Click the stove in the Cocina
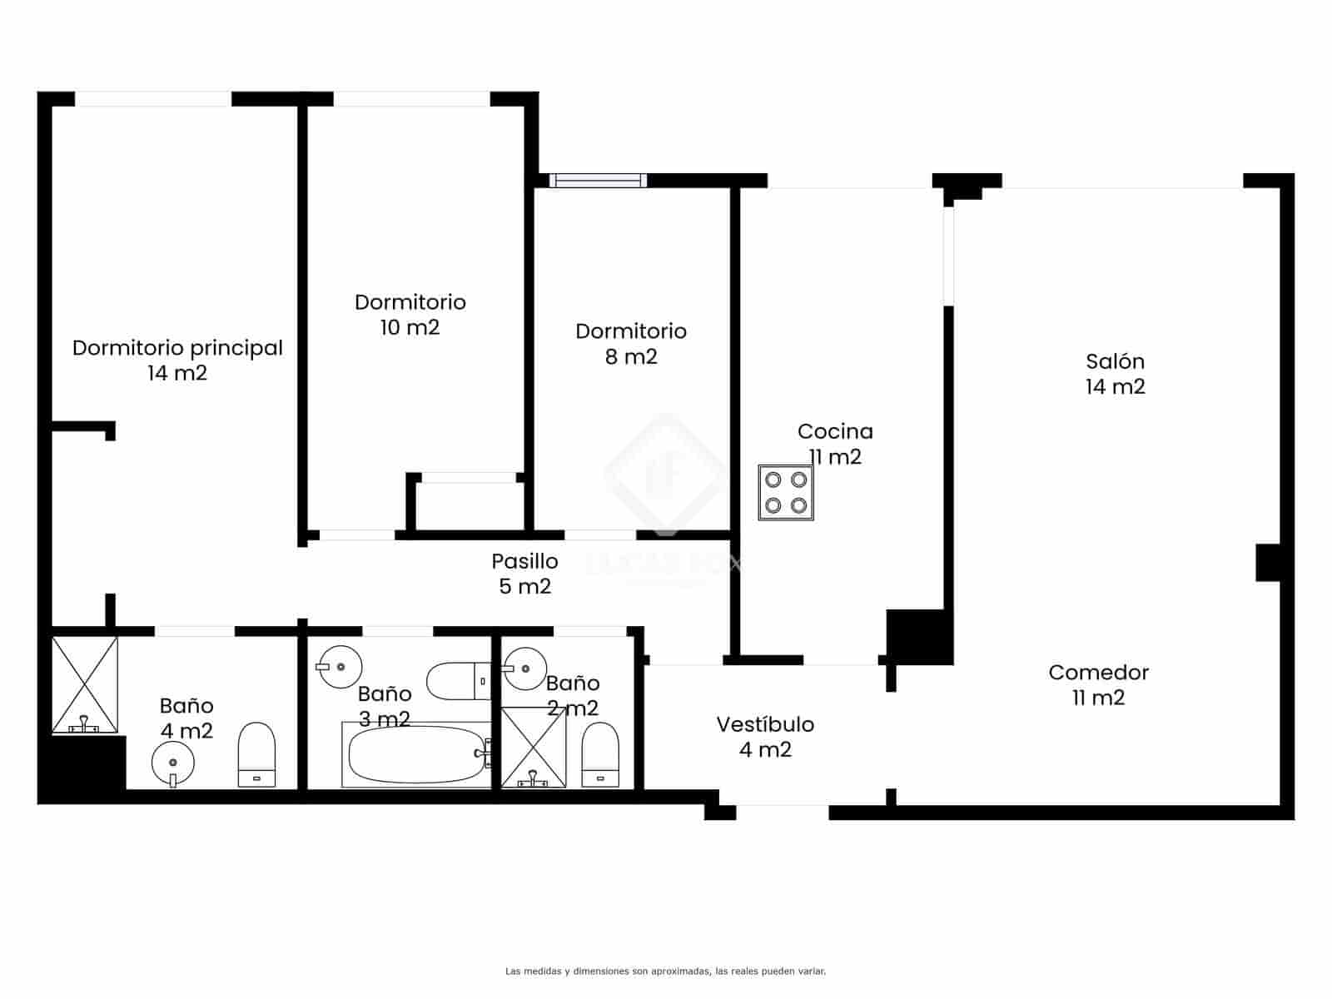click(x=785, y=493)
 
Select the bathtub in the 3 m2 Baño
click(x=415, y=755)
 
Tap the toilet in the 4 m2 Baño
click(x=256, y=754)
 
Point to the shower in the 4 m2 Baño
click(x=85, y=685)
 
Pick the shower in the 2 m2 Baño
click(x=533, y=747)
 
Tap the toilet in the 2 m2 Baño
click(x=600, y=754)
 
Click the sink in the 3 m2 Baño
click(x=340, y=666)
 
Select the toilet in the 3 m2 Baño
click(x=459, y=681)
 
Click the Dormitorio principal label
click(x=177, y=348)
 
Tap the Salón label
click(x=1115, y=361)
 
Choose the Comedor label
click(x=1098, y=673)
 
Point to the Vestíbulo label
click(x=765, y=725)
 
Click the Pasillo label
click(x=524, y=561)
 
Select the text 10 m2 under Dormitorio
click(x=410, y=328)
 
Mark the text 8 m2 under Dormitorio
click(x=631, y=357)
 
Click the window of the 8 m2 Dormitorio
click(x=598, y=180)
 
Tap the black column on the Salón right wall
click(x=1267, y=562)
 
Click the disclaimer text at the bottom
click(x=665, y=971)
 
